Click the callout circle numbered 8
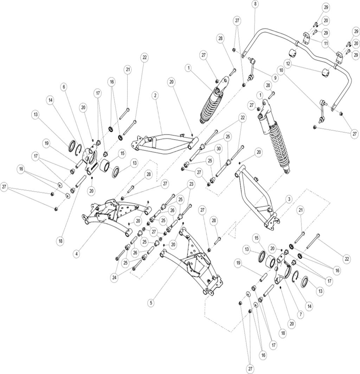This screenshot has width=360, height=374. point(255,4)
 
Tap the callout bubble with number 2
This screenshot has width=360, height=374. point(155,95)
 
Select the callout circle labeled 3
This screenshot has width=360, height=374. point(288,199)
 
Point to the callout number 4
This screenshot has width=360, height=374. point(77,253)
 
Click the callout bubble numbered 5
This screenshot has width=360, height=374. point(151,302)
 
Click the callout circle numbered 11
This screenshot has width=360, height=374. point(326,44)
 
